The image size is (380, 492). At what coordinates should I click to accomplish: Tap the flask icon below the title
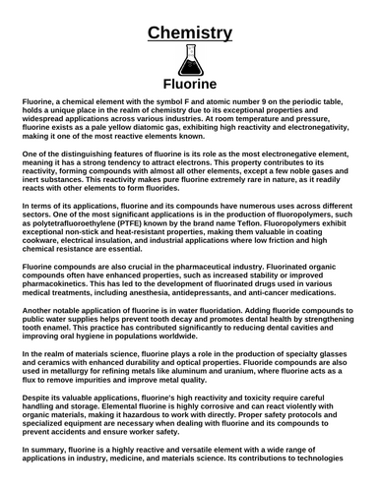(190, 61)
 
